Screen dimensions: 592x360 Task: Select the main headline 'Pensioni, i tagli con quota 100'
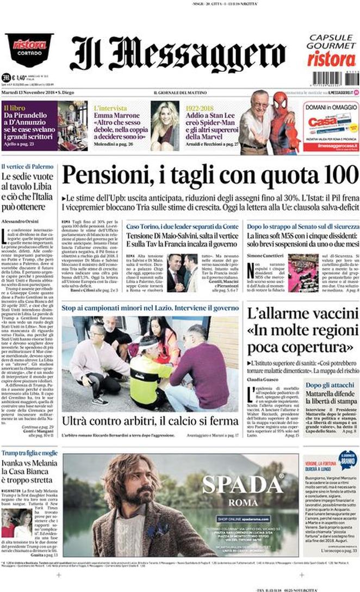[x=209, y=176]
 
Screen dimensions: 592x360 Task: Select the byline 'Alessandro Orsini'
[x=20, y=221]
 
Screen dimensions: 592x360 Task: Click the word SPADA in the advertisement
[x=243, y=484]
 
